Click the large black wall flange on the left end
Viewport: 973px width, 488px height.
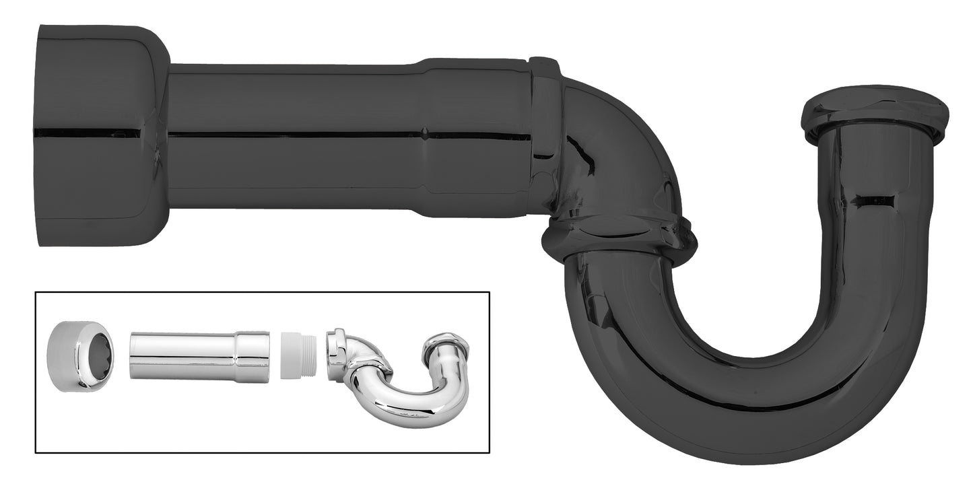[x=101, y=135]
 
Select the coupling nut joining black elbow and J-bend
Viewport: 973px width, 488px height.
[x=618, y=238]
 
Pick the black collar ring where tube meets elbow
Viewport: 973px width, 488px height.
[x=545, y=135]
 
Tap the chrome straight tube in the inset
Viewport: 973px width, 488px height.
[x=182, y=356]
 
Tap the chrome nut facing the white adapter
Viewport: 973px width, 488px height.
[x=336, y=353]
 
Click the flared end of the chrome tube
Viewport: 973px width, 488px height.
[x=253, y=356]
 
